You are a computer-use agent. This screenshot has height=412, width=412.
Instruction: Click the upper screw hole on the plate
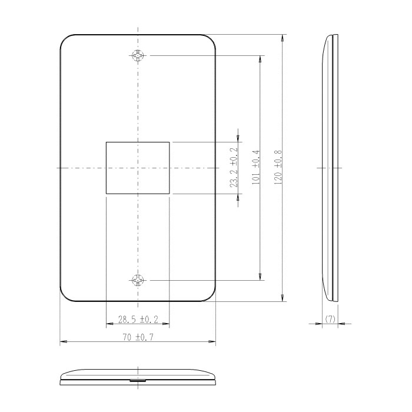pyautogui.click(x=138, y=57)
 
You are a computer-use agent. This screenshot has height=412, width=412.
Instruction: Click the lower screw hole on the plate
pyautogui.click(x=138, y=280)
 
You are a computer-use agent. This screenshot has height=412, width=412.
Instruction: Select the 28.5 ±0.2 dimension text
pyautogui.click(x=138, y=320)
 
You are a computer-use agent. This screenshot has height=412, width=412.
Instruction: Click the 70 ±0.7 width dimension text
pyautogui.click(x=138, y=337)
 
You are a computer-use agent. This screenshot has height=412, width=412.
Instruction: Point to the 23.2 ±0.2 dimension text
pyautogui.click(x=235, y=168)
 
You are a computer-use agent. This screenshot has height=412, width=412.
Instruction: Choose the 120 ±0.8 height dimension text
pyautogui.click(x=278, y=168)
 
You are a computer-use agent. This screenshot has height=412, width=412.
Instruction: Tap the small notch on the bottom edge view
pyautogui.click(x=137, y=381)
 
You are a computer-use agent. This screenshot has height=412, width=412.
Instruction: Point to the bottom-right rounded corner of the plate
pyautogui.click(x=211, y=297)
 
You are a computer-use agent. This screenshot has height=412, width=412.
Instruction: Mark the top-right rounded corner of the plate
pyautogui.click(x=211, y=41)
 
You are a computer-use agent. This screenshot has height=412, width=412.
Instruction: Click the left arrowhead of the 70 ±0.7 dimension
pyautogui.click(x=62, y=341)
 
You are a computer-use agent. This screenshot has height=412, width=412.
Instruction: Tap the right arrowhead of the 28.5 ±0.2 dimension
pyautogui.click(x=167, y=324)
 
